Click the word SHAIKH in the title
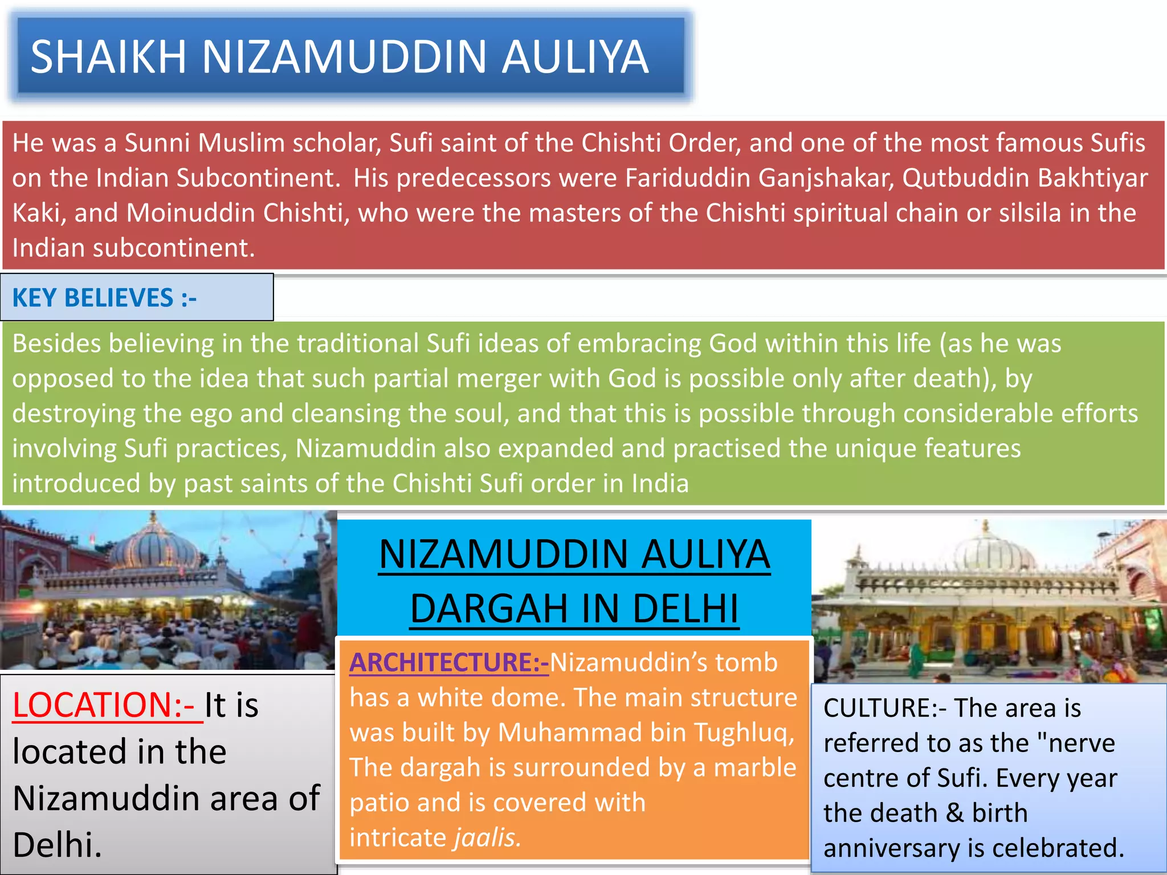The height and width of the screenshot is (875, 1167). click(108, 57)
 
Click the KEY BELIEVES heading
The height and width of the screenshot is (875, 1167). click(104, 298)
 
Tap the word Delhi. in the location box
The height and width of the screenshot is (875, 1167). click(57, 845)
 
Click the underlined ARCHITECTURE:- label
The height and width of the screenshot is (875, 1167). click(449, 663)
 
